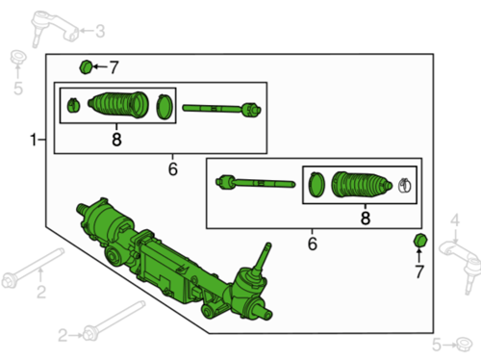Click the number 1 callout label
34,140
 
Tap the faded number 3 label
100,31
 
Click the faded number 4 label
455,220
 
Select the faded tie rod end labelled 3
54,28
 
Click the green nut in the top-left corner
86,67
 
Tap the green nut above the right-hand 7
420,241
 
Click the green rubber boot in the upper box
118,104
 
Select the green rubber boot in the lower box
362,185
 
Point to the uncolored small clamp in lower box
404,185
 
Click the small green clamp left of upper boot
73,105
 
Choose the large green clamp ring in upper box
165,107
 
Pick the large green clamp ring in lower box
316,185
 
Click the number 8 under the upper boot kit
116,140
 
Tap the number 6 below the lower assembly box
313,244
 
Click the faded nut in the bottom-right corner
464,345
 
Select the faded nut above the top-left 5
18,58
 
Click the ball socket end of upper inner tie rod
251,110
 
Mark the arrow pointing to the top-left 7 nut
100,66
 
